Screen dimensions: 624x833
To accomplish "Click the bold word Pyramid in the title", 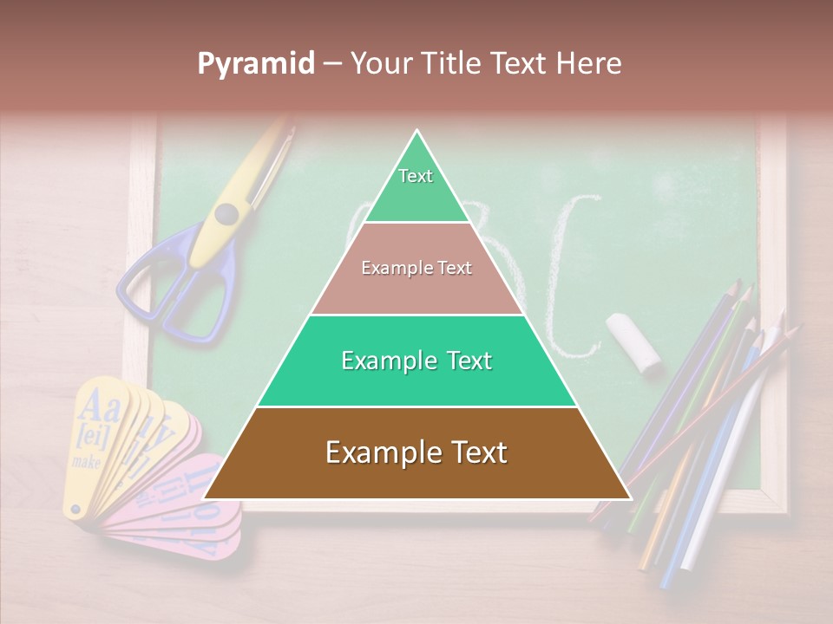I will click(256, 64).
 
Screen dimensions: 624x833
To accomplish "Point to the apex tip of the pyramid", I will click(417, 132).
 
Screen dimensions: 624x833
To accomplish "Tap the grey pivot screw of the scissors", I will click(227, 212).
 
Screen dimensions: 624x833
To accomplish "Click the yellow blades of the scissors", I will click(260, 165).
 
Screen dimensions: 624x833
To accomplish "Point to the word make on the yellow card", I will click(87, 462).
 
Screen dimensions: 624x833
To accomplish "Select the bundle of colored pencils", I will click(694, 433).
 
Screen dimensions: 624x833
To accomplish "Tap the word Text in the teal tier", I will click(463, 361).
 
